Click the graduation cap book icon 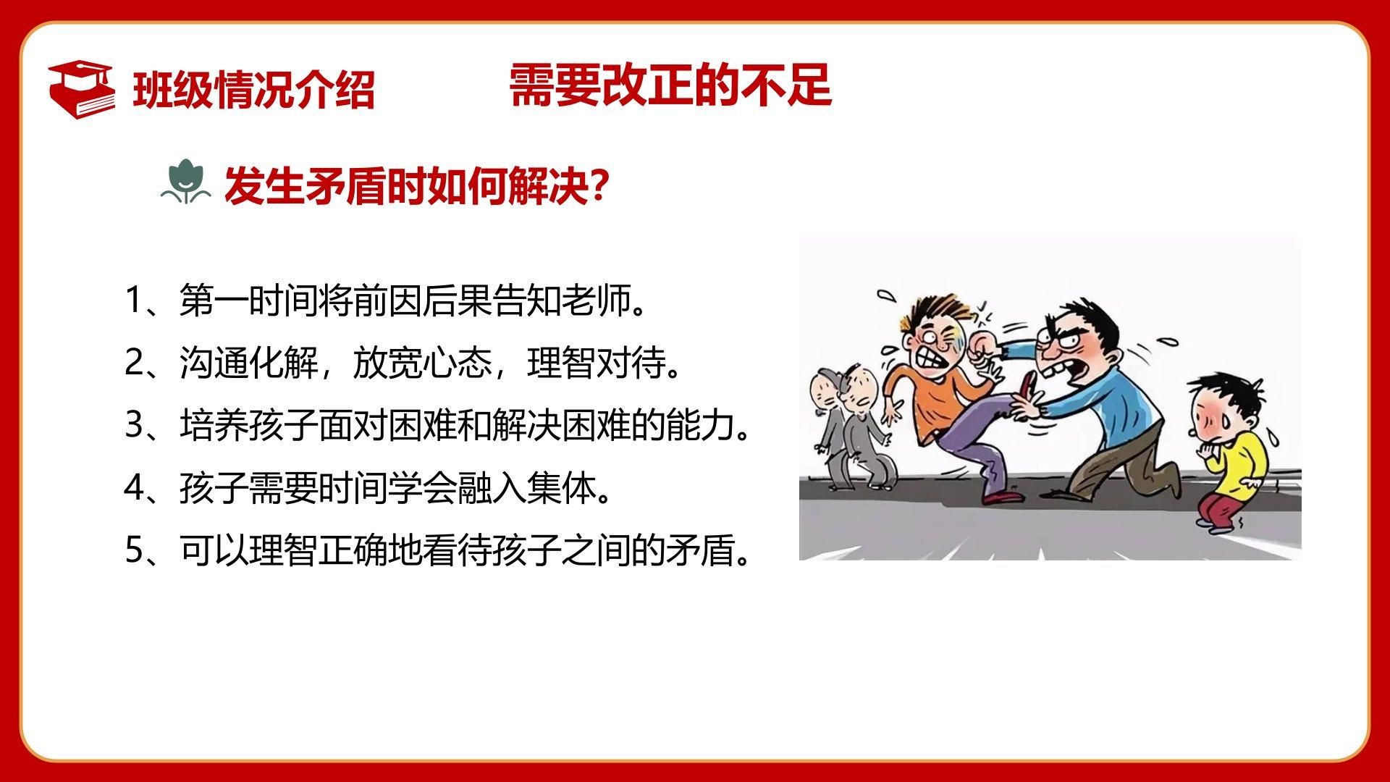point(81,90)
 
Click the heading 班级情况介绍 point(253,91)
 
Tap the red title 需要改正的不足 point(670,85)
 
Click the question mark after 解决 point(598,185)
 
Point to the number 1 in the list point(134,300)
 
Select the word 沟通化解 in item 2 point(248,362)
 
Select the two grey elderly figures point(853,427)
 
